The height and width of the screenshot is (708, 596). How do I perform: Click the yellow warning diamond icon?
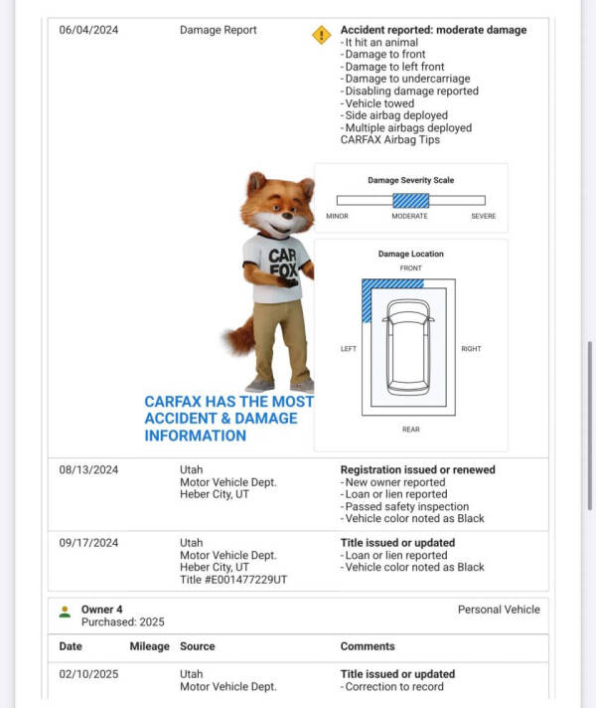click(x=321, y=35)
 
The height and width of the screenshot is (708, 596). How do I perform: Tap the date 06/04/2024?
click(x=88, y=30)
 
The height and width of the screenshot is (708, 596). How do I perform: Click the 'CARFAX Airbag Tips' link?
click(x=390, y=140)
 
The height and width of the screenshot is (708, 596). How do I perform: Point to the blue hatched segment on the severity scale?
click(x=410, y=200)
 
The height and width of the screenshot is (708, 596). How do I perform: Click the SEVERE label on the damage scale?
click(x=483, y=216)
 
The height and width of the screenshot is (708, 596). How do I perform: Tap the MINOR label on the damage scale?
click(x=337, y=216)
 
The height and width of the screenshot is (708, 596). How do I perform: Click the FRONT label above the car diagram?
click(x=410, y=268)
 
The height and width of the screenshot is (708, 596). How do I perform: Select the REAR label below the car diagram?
click(x=410, y=429)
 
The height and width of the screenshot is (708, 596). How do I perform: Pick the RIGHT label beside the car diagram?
click(x=471, y=349)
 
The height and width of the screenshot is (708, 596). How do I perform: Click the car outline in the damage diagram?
click(x=410, y=346)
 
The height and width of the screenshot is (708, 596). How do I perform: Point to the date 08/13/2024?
click(x=88, y=469)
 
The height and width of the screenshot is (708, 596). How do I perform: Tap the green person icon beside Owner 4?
click(x=65, y=611)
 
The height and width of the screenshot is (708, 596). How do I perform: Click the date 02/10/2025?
click(x=88, y=674)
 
